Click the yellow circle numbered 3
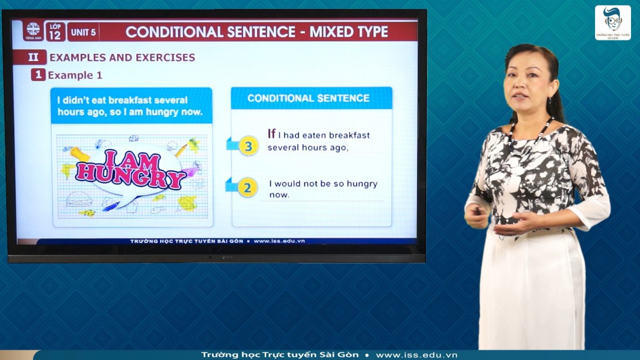tap(249, 146)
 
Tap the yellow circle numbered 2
tap(247, 187)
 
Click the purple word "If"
tap(271, 134)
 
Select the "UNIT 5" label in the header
tap(83, 32)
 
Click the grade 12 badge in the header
tap(55, 32)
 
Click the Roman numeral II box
tap(33, 57)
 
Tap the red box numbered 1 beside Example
tap(39, 75)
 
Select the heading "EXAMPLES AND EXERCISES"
tap(122, 57)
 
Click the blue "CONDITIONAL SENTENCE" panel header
tap(308, 98)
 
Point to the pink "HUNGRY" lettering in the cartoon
tap(131, 177)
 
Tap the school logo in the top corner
tap(612, 23)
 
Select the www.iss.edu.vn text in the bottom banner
tap(416, 355)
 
